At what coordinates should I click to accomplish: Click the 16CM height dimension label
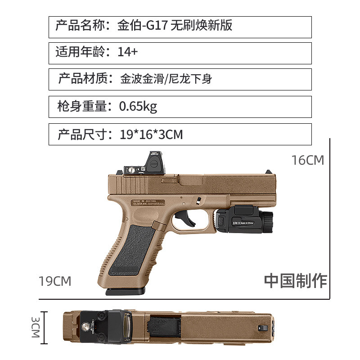click(308, 160)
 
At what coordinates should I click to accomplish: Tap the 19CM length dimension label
click(55, 281)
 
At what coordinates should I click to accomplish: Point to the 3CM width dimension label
click(36, 328)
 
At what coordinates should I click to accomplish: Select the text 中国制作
click(295, 280)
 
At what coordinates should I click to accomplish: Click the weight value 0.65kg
click(138, 107)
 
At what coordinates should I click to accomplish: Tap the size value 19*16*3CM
click(151, 134)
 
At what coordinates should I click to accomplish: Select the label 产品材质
click(84, 79)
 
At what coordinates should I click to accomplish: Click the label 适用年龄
click(81, 52)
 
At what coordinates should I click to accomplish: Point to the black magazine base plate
click(126, 292)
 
